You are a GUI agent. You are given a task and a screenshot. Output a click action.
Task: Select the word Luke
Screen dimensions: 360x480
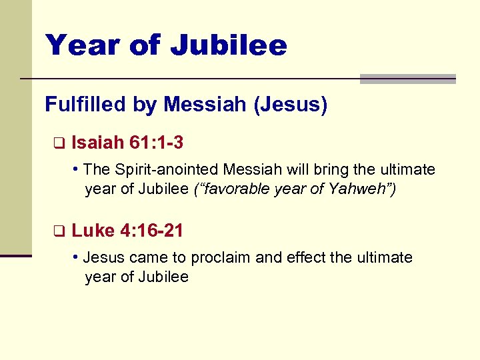(93, 231)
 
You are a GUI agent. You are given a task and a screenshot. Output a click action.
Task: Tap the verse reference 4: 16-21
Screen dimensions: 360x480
(151, 231)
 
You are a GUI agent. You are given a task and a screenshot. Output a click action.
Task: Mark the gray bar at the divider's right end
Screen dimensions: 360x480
(407, 79)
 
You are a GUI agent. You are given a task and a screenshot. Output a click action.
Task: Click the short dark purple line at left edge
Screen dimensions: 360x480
(16, 255)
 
